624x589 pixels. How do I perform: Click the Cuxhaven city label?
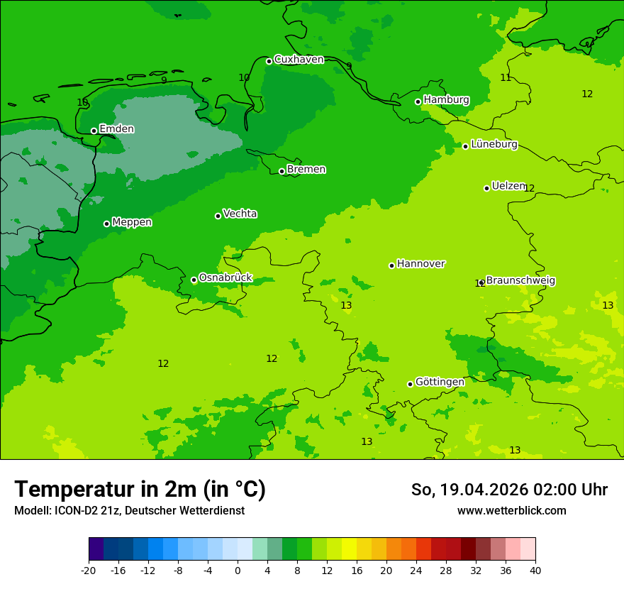299,60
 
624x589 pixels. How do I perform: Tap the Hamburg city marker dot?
418,101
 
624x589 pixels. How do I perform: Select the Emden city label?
116,129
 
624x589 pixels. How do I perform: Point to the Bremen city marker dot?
282,171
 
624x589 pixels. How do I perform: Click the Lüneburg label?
494,144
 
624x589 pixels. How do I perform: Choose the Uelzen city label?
508,186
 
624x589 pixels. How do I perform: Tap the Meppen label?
132,222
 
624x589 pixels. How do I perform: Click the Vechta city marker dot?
218,216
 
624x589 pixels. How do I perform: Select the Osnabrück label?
225,277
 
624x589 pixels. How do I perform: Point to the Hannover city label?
420,264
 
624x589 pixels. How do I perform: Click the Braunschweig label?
520,280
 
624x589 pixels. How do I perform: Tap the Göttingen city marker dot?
410,384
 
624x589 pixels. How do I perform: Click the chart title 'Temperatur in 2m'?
140,490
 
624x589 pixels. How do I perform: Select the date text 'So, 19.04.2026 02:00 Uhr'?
509,490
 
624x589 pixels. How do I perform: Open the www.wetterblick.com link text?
511,511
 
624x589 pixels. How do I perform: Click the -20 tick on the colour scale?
89,570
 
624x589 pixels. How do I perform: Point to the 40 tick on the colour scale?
535,570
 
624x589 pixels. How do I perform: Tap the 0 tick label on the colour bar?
238,570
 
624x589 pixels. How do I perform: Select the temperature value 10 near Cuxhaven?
244,78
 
